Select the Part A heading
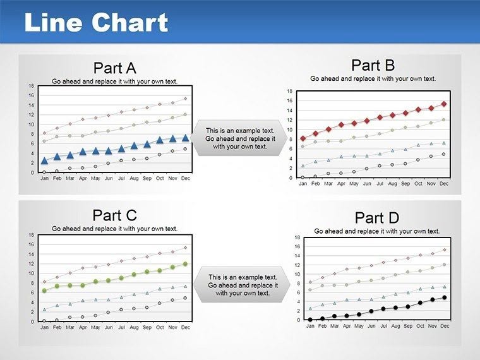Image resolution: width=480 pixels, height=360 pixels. click(x=114, y=68)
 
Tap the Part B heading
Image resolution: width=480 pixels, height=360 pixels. click(x=373, y=65)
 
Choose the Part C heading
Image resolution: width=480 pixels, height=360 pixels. click(x=114, y=215)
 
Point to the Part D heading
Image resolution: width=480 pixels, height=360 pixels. click(x=376, y=218)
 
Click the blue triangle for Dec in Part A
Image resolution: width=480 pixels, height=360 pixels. click(x=186, y=137)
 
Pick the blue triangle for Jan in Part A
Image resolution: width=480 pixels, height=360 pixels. click(x=44, y=160)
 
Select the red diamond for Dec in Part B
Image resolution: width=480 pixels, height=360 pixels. click(x=444, y=104)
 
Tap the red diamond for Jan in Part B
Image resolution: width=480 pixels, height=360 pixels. click(x=303, y=138)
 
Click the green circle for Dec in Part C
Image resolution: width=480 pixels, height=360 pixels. click(x=186, y=264)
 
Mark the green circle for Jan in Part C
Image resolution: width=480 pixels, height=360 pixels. click(x=44, y=291)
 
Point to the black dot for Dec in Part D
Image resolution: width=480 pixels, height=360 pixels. click(x=444, y=297)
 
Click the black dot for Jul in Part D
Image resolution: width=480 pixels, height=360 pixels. click(x=383, y=309)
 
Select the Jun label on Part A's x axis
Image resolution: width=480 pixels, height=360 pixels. click(x=109, y=178)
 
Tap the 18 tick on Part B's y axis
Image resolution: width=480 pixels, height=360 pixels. click(x=289, y=92)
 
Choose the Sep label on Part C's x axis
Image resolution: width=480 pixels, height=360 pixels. click(x=147, y=327)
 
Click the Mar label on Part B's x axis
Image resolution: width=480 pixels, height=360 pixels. click(x=328, y=184)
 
